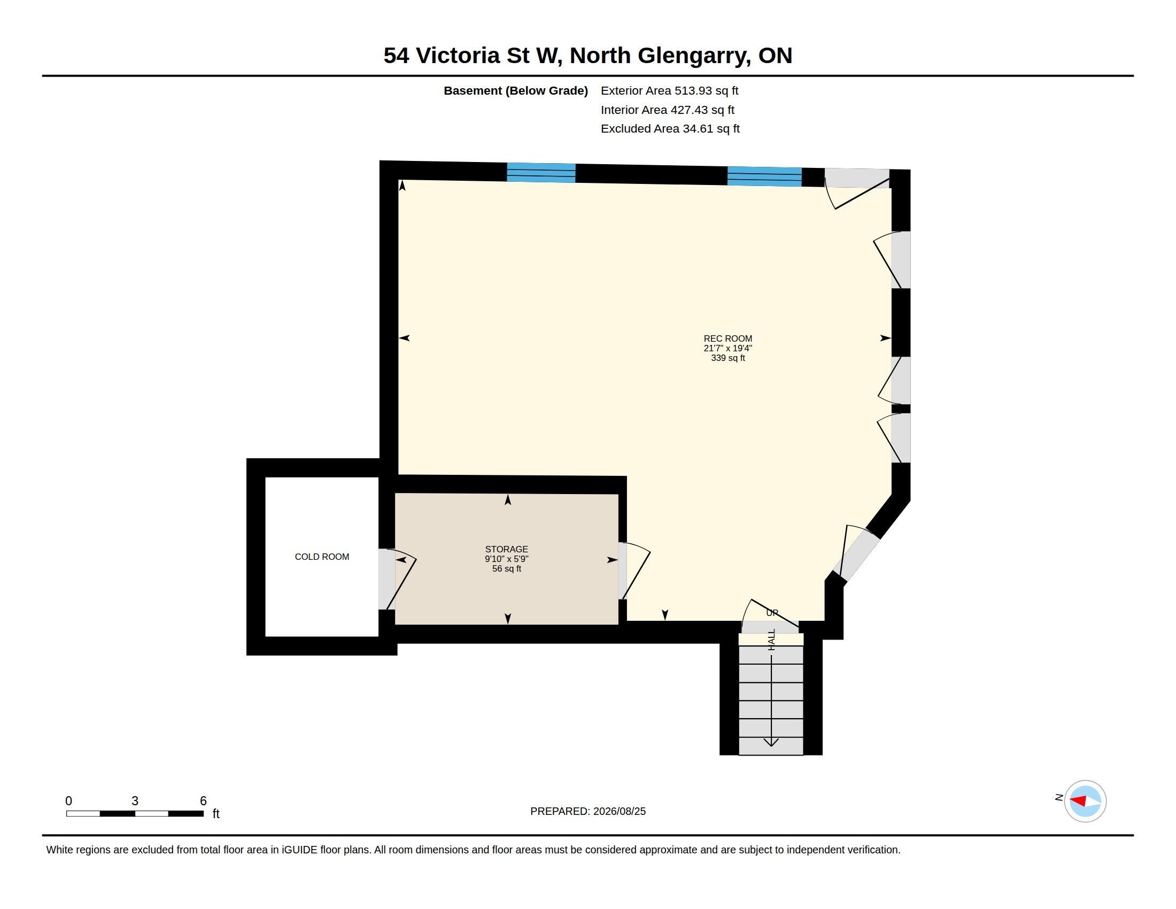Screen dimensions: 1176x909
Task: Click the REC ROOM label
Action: (728, 338)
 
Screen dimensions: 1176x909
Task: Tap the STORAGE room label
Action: (506, 549)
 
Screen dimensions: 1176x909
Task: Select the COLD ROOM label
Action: (322, 557)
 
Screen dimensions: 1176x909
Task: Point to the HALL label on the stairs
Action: (771, 639)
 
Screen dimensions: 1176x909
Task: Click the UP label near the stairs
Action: (772, 613)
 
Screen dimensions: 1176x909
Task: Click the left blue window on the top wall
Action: (541, 173)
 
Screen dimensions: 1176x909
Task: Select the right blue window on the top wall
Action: (764, 176)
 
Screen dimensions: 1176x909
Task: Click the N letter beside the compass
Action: (1058, 798)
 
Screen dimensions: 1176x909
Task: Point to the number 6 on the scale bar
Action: (203, 801)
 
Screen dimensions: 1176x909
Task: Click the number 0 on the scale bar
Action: (68, 801)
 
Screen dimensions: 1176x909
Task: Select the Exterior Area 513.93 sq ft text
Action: (669, 91)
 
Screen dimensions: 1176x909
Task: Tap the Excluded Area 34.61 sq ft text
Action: (670, 129)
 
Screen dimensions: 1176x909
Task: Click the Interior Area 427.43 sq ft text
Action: (667, 110)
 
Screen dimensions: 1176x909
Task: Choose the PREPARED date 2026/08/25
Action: (619, 811)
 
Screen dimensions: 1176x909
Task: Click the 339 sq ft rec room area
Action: (728, 358)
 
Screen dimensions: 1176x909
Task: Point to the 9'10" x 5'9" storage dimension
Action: (506, 559)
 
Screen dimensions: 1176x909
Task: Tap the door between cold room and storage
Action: (397, 580)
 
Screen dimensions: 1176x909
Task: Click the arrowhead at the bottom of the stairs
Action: (771, 742)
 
